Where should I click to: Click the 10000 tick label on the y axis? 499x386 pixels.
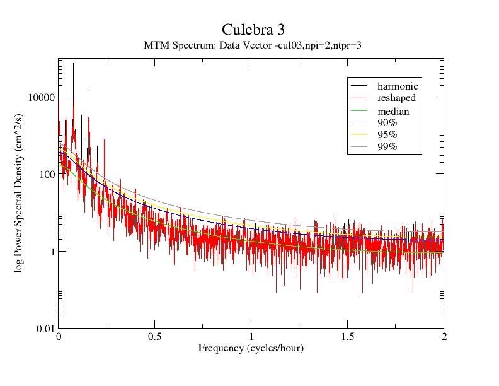click(41, 96)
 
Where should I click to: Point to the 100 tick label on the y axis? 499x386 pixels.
click(46, 174)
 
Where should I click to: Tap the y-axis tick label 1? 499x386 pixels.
click(51, 252)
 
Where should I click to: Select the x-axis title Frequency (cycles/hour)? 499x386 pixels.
click(251, 348)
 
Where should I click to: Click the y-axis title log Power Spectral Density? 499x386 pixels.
click(20, 194)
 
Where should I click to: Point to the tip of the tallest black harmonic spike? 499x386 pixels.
click(74, 63)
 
